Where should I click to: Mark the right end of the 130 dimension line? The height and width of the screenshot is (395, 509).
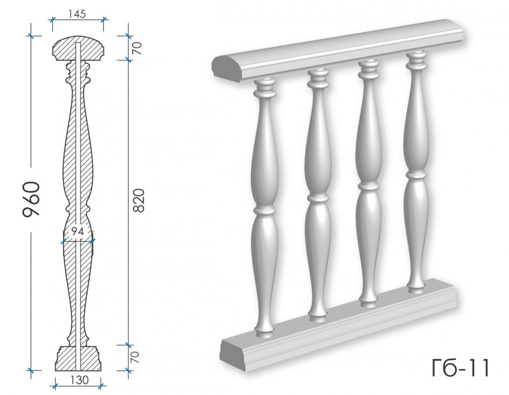(102, 385)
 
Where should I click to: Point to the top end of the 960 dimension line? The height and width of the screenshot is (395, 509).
(31, 36)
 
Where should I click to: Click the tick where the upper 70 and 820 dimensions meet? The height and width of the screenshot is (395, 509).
(128, 59)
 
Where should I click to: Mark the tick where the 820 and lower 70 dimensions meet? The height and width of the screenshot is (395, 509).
(128, 345)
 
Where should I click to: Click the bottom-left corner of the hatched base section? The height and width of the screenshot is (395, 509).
(56, 370)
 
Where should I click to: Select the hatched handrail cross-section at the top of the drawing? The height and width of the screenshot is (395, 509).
(78, 48)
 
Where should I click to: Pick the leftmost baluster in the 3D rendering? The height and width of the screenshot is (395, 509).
(265, 208)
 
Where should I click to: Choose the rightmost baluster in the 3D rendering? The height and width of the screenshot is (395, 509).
(416, 172)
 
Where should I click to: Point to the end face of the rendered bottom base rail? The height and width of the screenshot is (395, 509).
(233, 353)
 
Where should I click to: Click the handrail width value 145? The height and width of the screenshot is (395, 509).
(77, 14)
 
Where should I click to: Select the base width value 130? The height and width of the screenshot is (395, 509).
(79, 380)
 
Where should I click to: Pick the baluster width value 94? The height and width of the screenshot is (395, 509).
(78, 232)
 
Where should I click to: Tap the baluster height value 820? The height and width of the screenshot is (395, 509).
(139, 200)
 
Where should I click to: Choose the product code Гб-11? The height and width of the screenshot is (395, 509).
(460, 368)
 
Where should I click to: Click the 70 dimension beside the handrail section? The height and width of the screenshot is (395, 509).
(137, 48)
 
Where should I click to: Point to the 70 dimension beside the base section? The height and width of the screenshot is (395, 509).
(135, 357)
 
